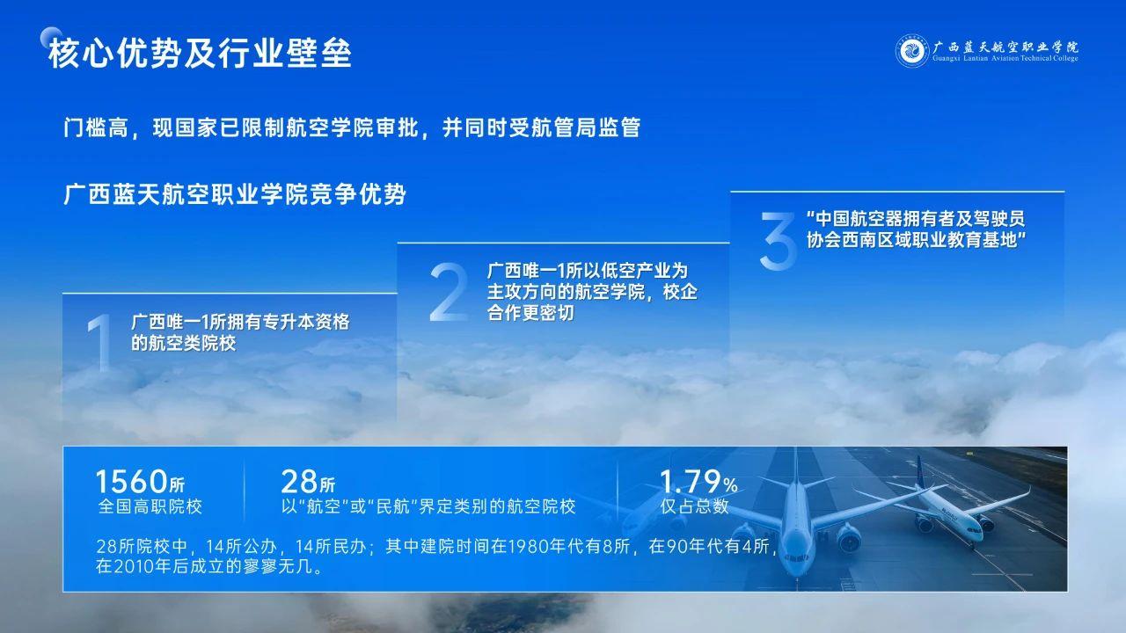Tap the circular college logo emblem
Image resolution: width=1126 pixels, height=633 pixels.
click(912, 51)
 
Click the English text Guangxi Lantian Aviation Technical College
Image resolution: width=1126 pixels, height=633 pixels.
click(1005, 58)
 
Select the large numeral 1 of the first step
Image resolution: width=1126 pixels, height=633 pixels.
click(100, 343)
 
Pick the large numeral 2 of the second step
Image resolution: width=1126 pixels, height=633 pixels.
click(449, 292)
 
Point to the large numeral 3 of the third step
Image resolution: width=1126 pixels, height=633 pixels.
click(778, 241)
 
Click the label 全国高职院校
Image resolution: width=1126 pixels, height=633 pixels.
click(150, 506)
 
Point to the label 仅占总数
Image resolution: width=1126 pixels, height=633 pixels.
click(694, 506)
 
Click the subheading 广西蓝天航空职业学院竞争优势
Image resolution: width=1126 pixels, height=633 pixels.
click(235, 194)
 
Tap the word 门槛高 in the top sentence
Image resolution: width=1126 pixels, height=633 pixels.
click(96, 127)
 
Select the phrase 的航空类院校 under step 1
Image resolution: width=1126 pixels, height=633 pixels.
click(184, 344)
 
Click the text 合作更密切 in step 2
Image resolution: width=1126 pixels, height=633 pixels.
click(530, 313)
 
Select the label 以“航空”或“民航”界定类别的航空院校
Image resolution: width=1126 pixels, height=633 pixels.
click(428, 506)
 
